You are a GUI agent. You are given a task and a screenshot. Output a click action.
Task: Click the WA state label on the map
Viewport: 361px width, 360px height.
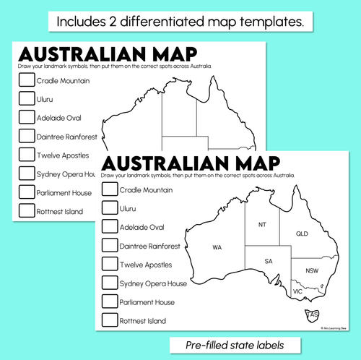click(217, 247)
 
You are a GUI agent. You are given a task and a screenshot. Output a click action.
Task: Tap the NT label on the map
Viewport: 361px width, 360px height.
click(262, 225)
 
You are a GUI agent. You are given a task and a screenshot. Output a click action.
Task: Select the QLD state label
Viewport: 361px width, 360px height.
click(301, 233)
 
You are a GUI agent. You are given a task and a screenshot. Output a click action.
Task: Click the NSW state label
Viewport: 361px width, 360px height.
click(311, 270)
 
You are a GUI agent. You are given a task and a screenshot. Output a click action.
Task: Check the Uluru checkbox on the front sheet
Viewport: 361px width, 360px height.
click(110, 208)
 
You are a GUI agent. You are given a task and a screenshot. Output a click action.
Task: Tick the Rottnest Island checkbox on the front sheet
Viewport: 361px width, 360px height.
click(110, 320)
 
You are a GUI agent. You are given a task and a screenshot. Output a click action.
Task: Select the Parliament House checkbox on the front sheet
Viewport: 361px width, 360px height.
click(110, 301)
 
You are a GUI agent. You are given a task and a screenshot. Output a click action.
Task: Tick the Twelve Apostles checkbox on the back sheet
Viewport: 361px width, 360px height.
click(26, 154)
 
